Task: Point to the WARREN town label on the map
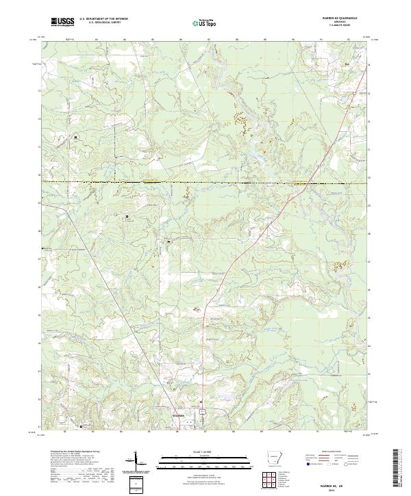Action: click(178, 415)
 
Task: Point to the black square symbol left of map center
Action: click(127, 217)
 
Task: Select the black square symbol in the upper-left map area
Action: click(76, 135)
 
